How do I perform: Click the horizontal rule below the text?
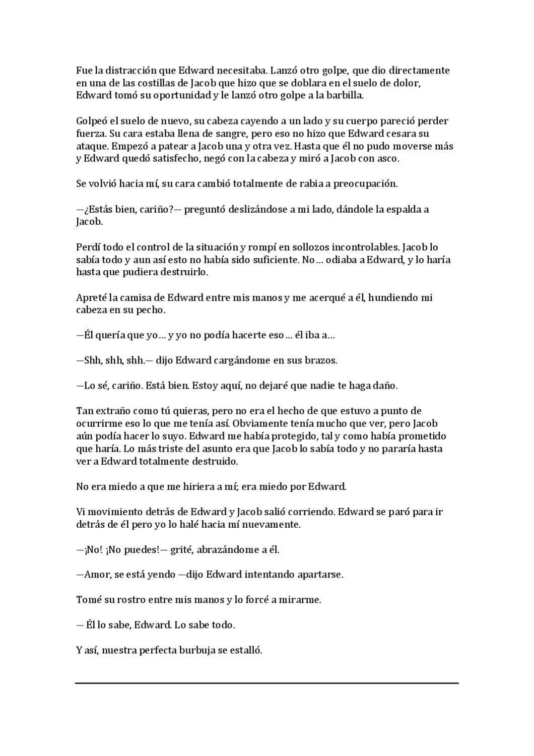coord(267,683)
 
